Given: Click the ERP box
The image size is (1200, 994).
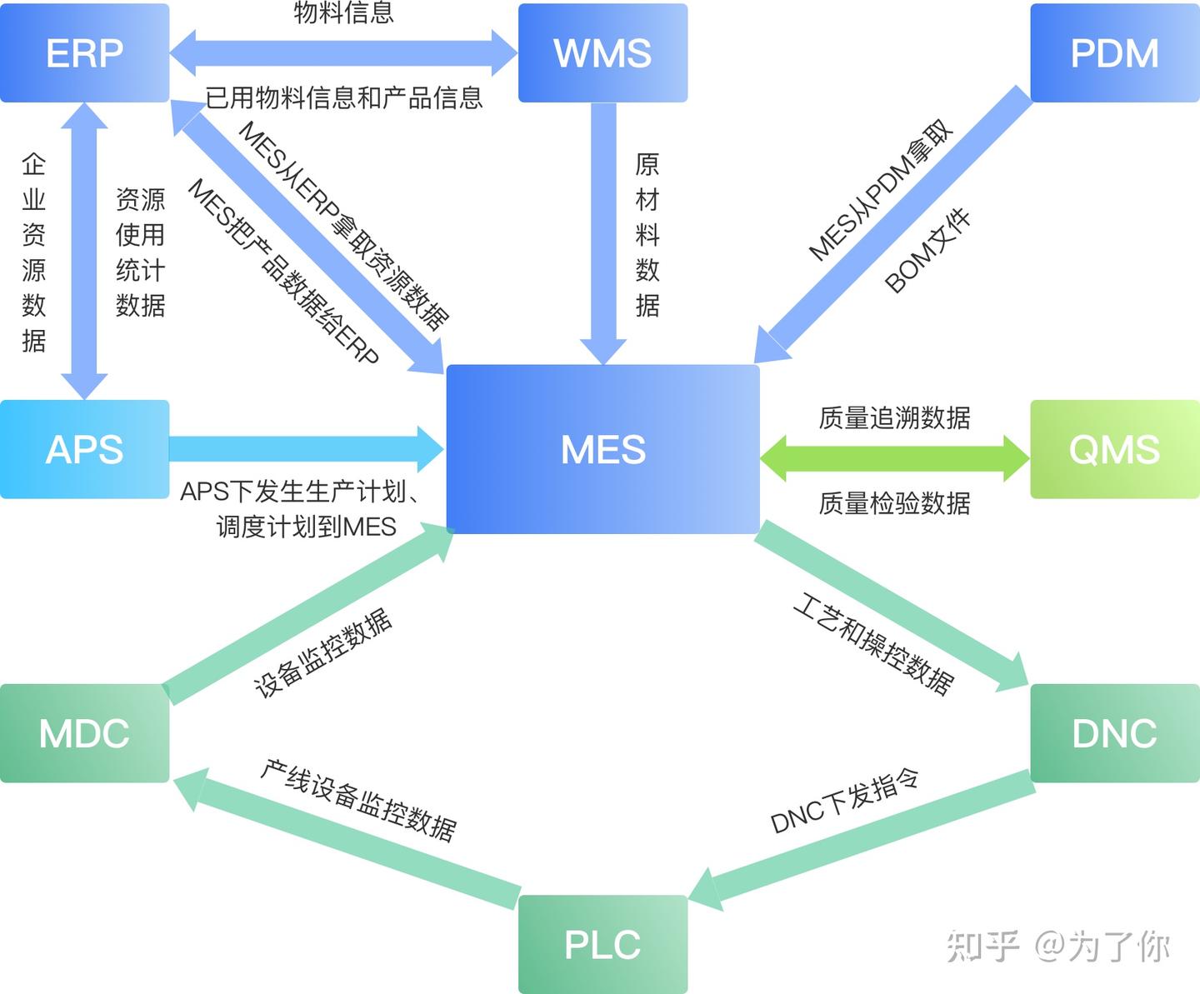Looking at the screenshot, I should pyautogui.click(x=84, y=53).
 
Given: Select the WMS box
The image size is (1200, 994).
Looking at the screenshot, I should pyautogui.click(x=602, y=53).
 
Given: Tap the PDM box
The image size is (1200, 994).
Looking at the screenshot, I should pyautogui.click(x=1114, y=53).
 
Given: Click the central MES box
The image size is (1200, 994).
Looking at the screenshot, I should pyautogui.click(x=602, y=450).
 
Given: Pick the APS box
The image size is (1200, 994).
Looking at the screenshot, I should pyautogui.click(x=84, y=450).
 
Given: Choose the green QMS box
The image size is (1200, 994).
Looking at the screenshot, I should pyautogui.click(x=1114, y=450).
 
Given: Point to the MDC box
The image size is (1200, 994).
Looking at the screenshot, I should pyautogui.click(x=84, y=733).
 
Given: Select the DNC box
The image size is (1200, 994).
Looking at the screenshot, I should pyautogui.click(x=1114, y=733).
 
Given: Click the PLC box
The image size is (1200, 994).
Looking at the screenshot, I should pyautogui.click(x=602, y=944).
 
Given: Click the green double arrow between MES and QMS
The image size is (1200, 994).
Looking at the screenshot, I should pyautogui.click(x=894, y=458).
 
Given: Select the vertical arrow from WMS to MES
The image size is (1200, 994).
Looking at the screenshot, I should pyautogui.click(x=603, y=233).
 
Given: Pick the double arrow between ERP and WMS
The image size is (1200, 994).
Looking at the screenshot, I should pyautogui.click(x=343, y=53).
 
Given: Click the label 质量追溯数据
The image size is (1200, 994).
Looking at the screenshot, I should pyautogui.click(x=894, y=417).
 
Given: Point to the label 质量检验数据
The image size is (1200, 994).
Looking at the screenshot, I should pyautogui.click(x=894, y=503).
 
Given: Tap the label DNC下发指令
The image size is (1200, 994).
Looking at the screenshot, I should pyautogui.click(x=844, y=802).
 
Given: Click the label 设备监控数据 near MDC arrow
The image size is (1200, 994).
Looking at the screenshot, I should pyautogui.click(x=322, y=653).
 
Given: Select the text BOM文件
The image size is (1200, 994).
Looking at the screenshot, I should pyautogui.click(x=927, y=251).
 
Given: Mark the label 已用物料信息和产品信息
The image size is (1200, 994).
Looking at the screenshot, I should pyautogui.click(x=343, y=97).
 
